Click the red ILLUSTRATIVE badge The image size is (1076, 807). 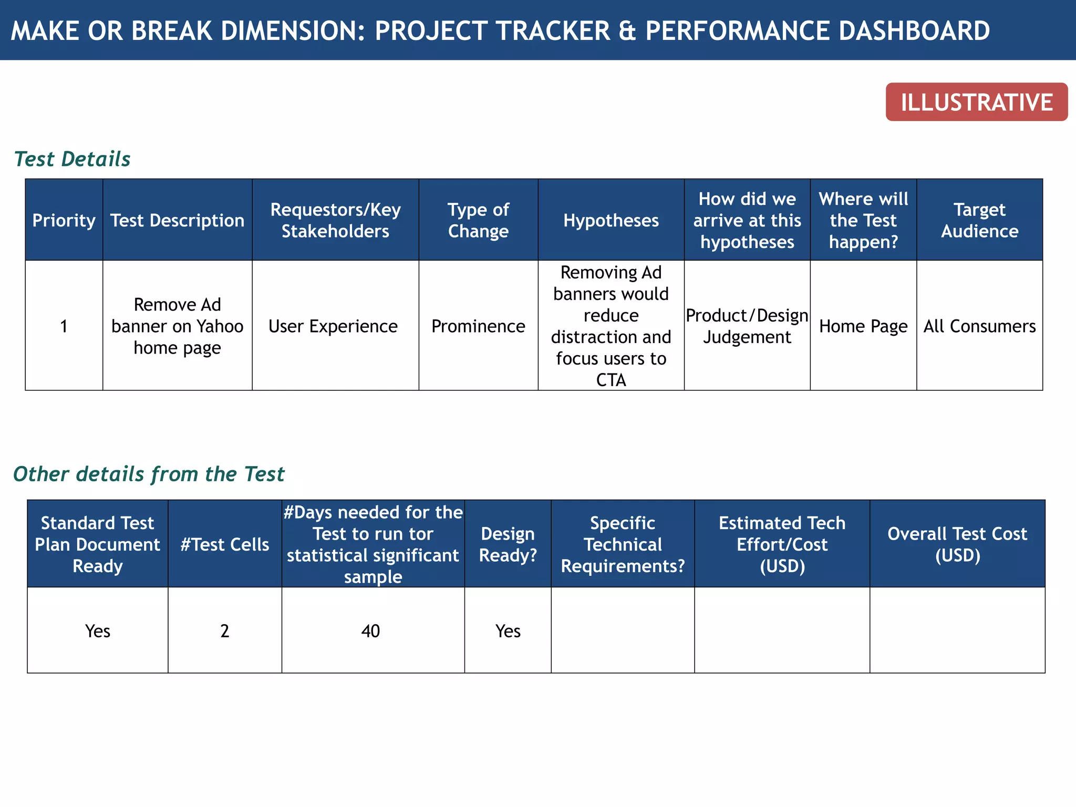976,102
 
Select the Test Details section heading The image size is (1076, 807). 72,159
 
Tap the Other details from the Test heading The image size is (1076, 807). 149,474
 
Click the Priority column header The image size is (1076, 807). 64,220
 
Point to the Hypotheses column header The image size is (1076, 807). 611,220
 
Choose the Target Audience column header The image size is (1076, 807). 979,220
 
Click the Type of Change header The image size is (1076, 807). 478,220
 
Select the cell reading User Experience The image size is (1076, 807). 333,326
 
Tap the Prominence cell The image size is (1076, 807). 478,326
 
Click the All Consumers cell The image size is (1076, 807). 979,326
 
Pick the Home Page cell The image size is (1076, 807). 863,326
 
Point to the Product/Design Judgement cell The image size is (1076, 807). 747,326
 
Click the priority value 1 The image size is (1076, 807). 64,326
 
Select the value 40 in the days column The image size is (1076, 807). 370,630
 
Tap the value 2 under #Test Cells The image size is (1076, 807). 225,630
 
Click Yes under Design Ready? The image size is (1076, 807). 508,630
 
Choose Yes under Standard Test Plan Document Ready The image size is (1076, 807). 98,630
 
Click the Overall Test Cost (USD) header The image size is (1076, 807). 957,544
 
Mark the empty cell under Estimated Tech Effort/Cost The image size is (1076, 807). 782,630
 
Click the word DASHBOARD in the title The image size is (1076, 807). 914,30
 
